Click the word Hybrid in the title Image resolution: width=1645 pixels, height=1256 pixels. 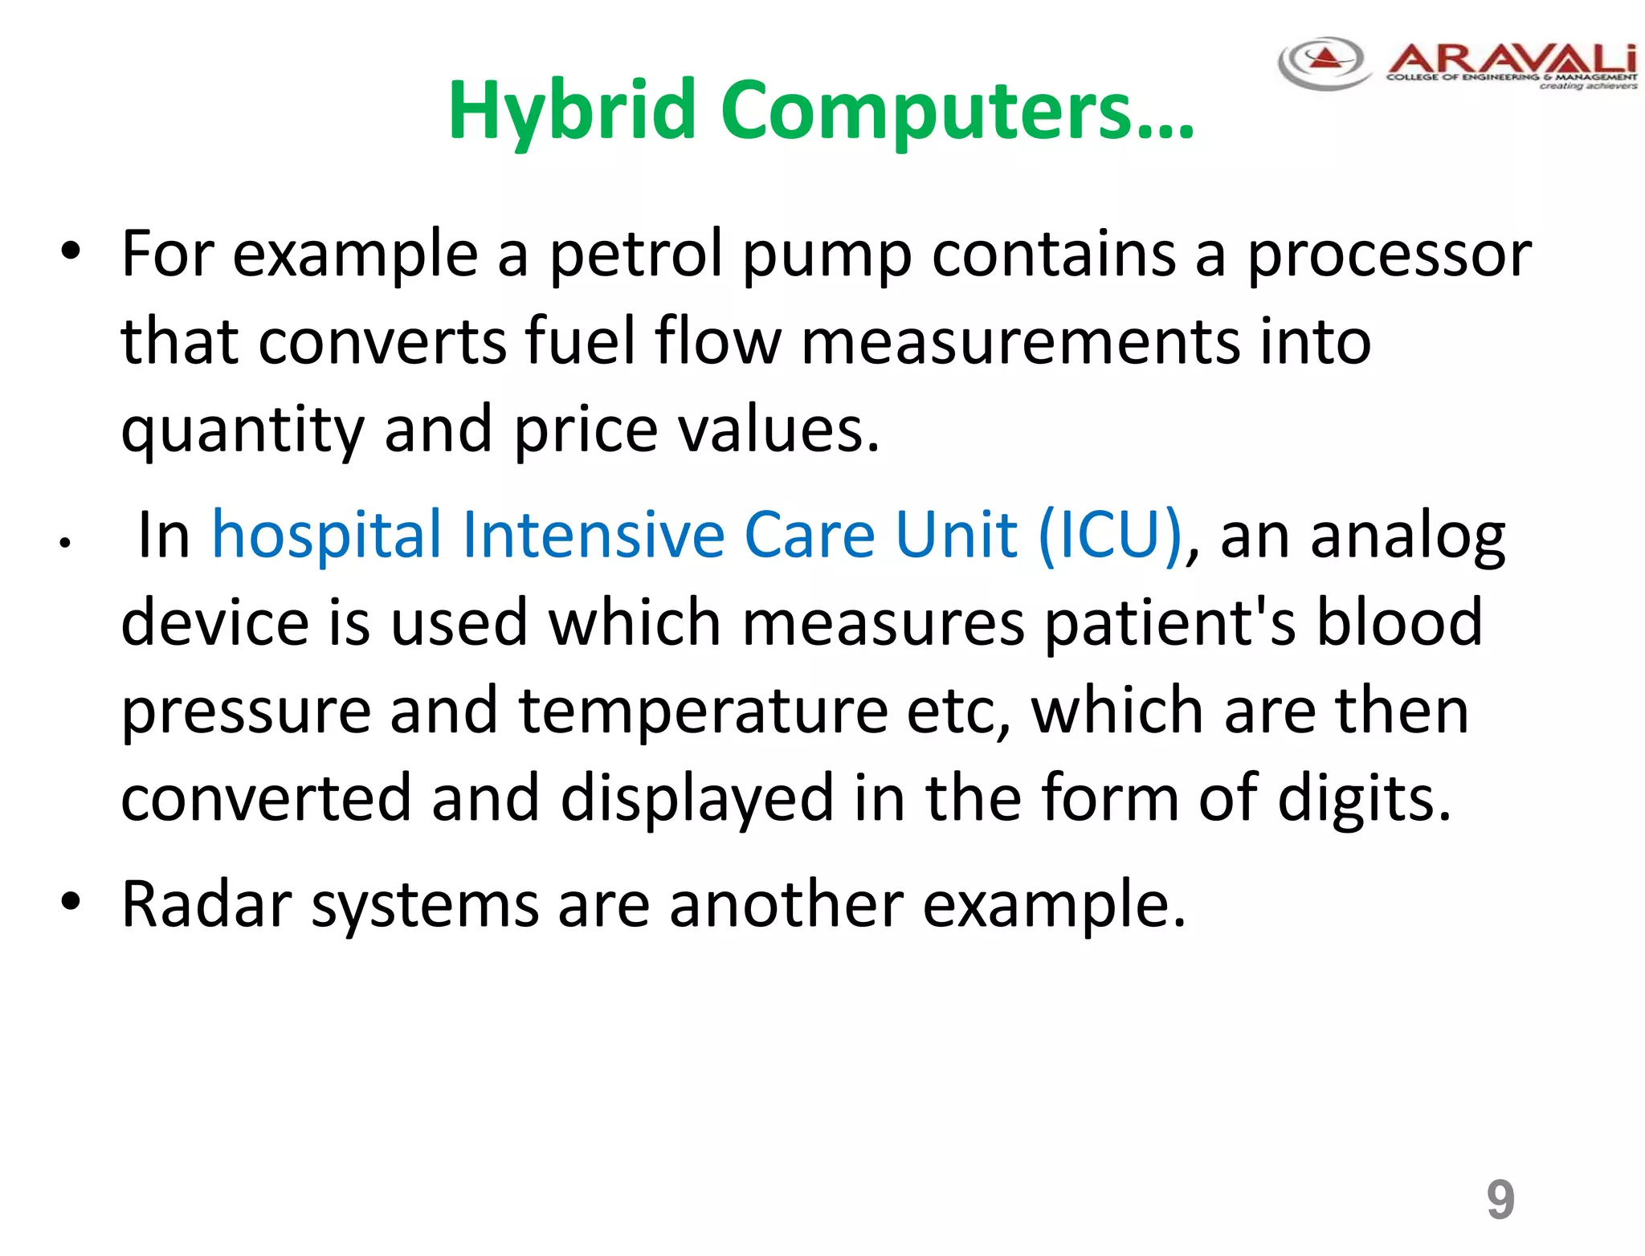571,110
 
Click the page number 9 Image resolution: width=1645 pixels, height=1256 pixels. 1500,1200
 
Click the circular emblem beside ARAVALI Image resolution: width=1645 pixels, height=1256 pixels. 1325,62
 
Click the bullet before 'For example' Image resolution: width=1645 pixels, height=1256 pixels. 71,251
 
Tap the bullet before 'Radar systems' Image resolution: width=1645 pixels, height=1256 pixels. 71,902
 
